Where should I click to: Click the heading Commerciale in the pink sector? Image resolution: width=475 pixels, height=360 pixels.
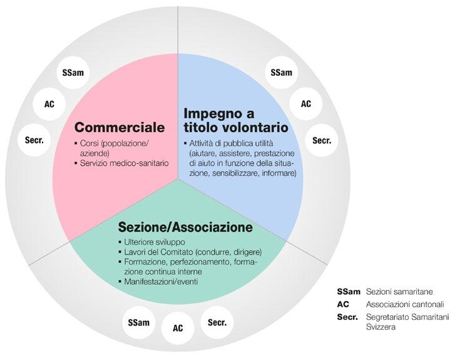click(x=119, y=128)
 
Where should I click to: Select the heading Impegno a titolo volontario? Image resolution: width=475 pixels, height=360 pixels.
click(x=235, y=121)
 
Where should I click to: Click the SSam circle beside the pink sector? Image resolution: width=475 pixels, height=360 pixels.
click(x=73, y=73)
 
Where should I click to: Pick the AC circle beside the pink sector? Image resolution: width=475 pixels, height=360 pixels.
click(x=49, y=104)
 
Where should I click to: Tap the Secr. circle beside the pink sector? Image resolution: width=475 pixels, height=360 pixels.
click(x=34, y=141)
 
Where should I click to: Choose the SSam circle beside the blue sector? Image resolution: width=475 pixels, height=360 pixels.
click(x=282, y=73)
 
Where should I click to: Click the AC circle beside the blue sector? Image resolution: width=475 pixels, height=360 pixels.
click(x=306, y=104)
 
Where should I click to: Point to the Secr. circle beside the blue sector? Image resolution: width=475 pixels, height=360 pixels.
click(x=322, y=141)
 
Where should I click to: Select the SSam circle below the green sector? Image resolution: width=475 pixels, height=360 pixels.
click(x=138, y=323)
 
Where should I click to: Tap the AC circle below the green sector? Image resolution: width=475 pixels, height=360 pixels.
click(x=178, y=328)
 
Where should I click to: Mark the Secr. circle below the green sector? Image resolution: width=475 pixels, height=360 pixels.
click(x=217, y=323)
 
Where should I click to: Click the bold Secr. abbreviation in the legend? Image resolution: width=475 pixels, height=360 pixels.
click(x=347, y=317)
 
